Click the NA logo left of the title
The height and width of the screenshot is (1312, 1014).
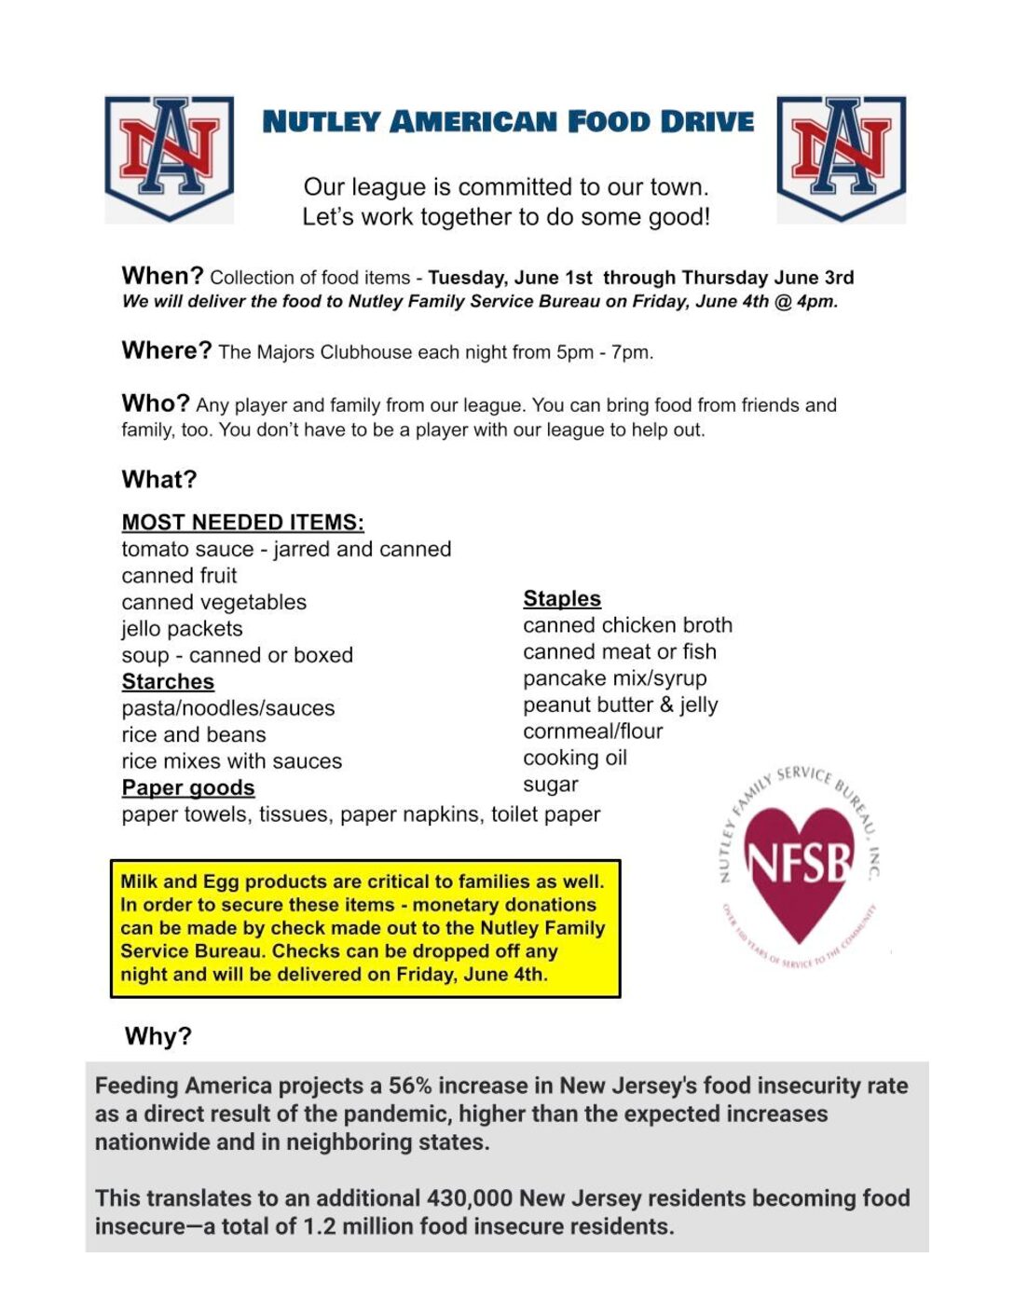click(169, 157)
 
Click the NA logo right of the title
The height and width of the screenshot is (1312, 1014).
click(841, 157)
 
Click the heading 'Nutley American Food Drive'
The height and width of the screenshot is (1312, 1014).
click(508, 122)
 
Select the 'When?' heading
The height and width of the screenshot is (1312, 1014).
click(162, 276)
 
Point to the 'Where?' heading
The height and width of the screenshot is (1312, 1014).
click(167, 350)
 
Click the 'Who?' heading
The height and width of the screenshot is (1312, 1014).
click(155, 403)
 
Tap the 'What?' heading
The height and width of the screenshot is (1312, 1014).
click(159, 479)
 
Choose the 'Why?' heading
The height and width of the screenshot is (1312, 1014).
click(158, 1036)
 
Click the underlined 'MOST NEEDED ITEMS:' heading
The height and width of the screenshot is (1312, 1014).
click(242, 522)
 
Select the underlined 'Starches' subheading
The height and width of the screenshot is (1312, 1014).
click(168, 681)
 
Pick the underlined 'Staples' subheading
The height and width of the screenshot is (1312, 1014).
click(562, 598)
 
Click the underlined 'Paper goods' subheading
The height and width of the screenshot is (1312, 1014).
click(187, 787)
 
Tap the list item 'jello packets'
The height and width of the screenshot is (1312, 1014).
click(182, 629)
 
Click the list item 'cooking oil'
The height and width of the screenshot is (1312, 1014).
click(575, 758)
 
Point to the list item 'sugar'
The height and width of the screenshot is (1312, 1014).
click(551, 785)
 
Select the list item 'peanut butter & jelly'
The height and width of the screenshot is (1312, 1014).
click(621, 704)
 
